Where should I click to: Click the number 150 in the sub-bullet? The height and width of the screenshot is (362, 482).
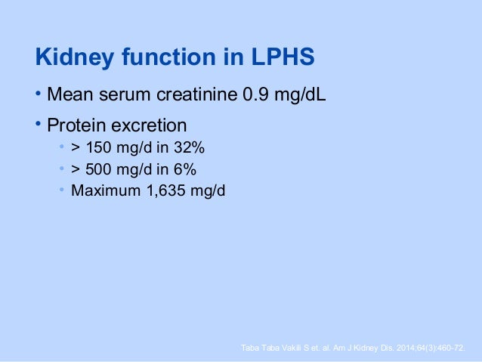tap(97, 147)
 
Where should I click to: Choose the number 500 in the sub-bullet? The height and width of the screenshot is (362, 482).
tap(97, 168)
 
